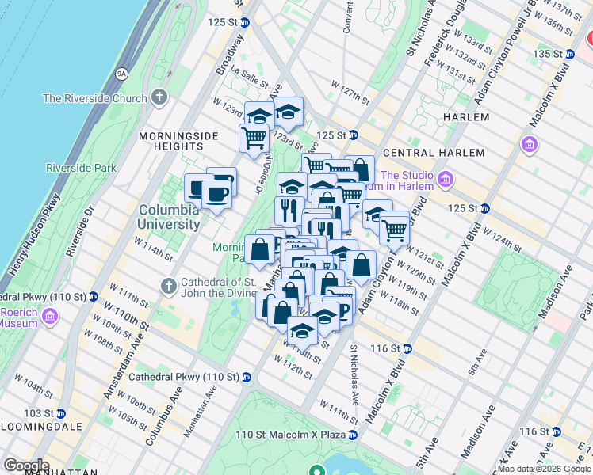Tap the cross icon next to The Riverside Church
coord(159,98)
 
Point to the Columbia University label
coord(170,217)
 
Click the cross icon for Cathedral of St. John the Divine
coord(168,285)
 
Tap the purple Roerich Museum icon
coord(52,317)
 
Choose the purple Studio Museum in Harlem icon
coord(444,180)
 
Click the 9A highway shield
coord(121,74)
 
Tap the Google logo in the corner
coord(26,465)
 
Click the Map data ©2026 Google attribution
coord(545,469)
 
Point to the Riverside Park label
coord(81,168)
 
